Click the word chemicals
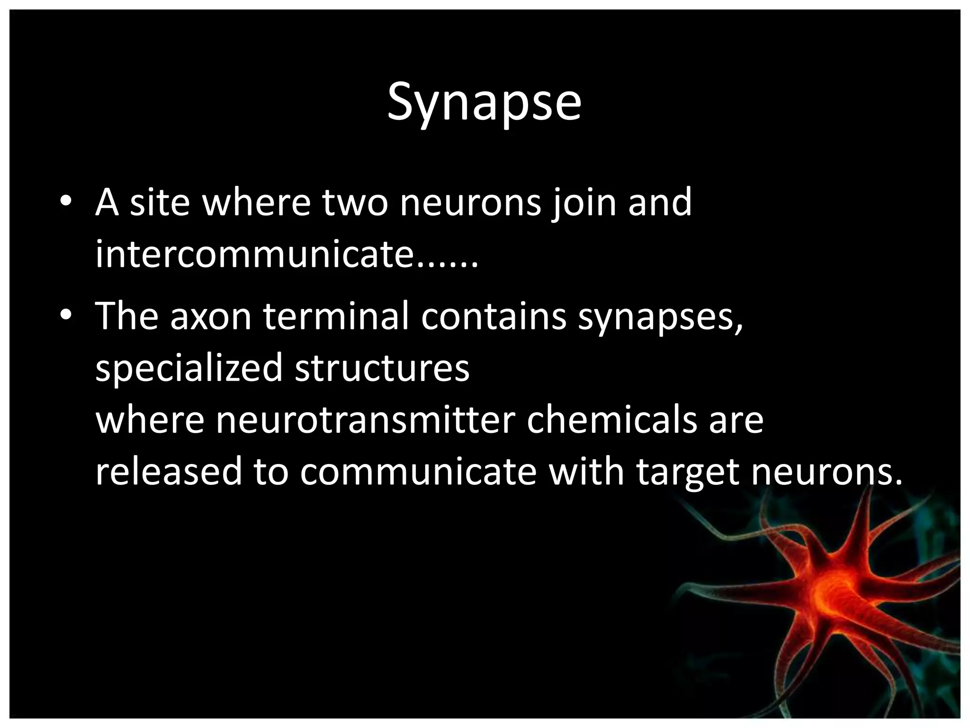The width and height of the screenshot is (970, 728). pos(611,420)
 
